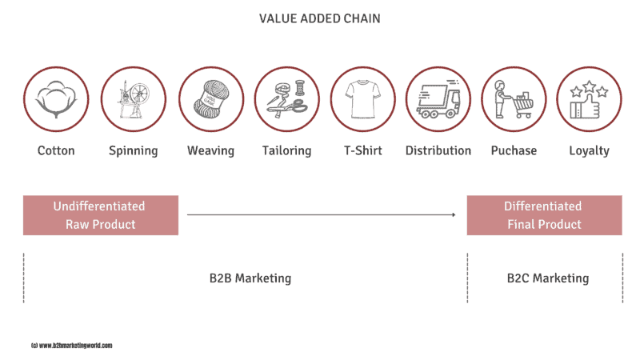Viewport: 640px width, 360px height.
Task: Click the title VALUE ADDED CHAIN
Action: click(x=319, y=18)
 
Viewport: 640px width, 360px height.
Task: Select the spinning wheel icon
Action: click(x=134, y=99)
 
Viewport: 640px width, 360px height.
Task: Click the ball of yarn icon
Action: click(x=211, y=99)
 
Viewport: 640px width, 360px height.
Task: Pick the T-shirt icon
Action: click(x=362, y=99)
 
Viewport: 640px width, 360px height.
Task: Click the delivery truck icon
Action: click(x=438, y=99)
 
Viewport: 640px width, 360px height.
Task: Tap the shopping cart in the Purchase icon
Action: click(x=522, y=106)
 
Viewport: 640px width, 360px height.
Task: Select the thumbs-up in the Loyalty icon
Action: click(x=586, y=107)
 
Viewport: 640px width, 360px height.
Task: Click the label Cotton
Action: click(x=56, y=150)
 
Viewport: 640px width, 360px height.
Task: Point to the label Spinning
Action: click(x=133, y=151)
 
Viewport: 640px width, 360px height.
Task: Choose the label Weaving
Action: click(x=210, y=151)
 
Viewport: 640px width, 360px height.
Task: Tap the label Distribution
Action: click(x=438, y=150)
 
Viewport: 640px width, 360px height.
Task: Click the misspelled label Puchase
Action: click(x=514, y=150)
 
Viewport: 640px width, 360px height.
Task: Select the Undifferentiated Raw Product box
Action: click(x=101, y=215)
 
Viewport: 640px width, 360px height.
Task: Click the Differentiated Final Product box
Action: click(x=545, y=215)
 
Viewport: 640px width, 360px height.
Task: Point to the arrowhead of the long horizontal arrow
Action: click(x=454, y=214)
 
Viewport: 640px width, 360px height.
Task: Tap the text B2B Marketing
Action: click(x=250, y=278)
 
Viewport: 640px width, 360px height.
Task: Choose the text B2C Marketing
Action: click(x=548, y=278)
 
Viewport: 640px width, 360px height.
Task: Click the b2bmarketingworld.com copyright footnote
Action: click(x=71, y=346)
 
